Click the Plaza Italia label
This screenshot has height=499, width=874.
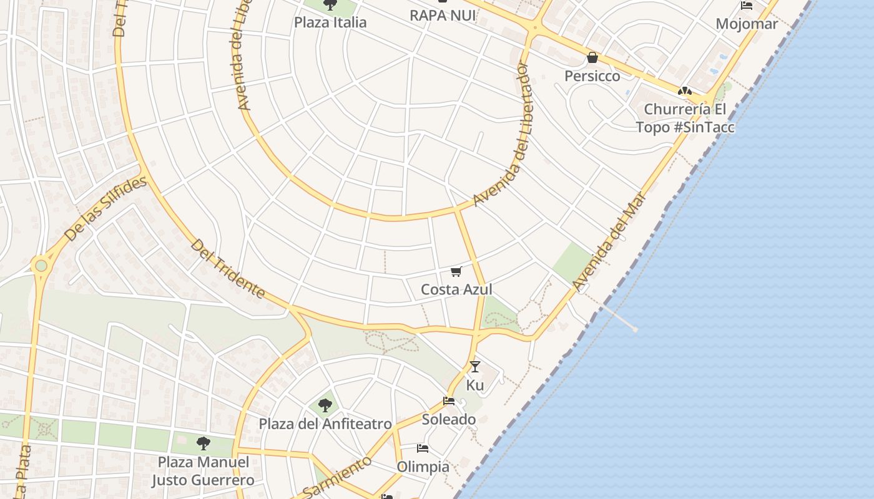[330, 22]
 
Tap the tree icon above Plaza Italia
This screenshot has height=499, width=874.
[330, 5]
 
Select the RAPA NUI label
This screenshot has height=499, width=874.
[443, 15]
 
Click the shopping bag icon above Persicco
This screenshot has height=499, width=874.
[592, 58]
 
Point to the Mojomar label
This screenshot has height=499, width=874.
[747, 24]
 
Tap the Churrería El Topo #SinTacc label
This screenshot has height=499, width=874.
[685, 118]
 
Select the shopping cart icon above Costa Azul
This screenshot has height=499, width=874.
[456, 271]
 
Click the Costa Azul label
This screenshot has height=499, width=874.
[456, 289]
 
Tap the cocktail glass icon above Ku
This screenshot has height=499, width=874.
[475, 367]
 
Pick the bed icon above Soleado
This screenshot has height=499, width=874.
[449, 401]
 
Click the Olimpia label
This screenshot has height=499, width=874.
[423, 467]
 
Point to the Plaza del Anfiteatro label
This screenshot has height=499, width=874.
[325, 424]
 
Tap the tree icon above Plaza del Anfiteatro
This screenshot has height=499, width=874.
[325, 405]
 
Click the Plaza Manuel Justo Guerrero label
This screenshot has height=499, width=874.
[203, 471]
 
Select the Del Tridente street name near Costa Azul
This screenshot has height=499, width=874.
[228, 269]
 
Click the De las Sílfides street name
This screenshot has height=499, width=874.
[106, 209]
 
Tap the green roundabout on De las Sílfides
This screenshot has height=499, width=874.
[41, 266]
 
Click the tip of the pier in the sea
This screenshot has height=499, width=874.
[635, 329]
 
